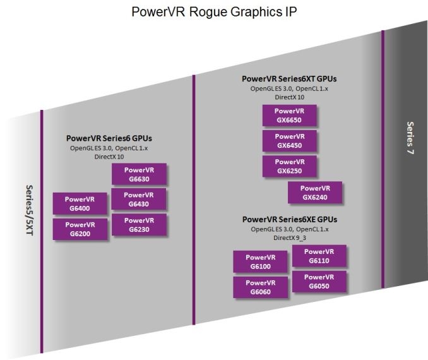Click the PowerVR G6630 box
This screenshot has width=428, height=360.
139,174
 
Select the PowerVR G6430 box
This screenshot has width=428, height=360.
139,199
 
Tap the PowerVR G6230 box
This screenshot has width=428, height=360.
139,224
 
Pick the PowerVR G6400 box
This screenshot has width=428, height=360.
80,203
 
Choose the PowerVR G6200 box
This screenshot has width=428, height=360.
80,229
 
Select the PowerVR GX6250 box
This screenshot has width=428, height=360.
289,166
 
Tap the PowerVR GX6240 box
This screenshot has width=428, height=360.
315,192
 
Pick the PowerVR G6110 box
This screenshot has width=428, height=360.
319,256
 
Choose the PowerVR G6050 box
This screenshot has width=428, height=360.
319,282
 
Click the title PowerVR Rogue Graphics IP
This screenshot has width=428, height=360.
213,13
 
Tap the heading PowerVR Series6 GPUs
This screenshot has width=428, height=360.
109,138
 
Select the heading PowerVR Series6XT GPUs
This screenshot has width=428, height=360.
289,79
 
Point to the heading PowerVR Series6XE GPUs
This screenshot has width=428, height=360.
289,219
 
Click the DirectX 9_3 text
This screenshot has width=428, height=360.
289,238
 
